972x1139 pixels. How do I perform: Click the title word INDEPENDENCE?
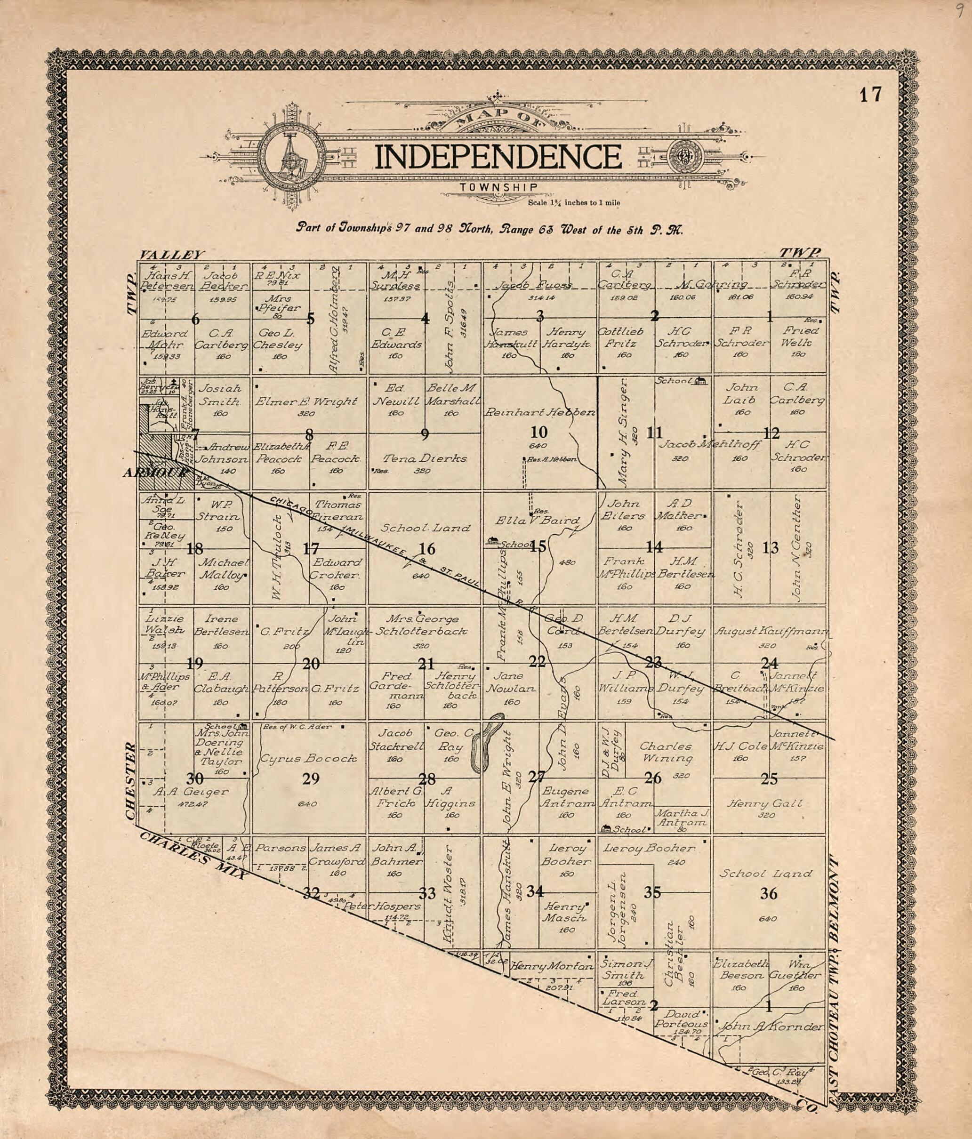click(x=498, y=157)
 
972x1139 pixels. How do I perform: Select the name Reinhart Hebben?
click(x=539, y=412)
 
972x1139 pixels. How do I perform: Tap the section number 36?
click(x=769, y=894)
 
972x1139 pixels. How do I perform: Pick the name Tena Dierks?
click(x=425, y=458)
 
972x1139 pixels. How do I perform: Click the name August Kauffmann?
click(x=771, y=632)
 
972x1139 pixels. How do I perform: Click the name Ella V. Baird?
click(x=537, y=520)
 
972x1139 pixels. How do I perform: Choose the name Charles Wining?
click(x=666, y=753)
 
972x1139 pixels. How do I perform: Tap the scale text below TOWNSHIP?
click(x=573, y=203)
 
